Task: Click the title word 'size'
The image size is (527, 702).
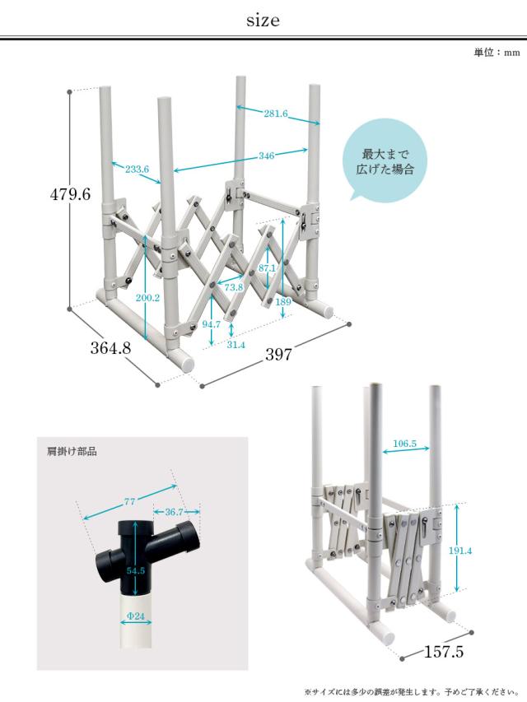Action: (x=263, y=21)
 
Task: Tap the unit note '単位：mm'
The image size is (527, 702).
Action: (x=497, y=53)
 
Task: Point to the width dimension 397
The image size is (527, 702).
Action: (x=279, y=355)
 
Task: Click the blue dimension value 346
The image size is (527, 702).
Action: (x=266, y=154)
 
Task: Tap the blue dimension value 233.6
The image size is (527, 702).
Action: (x=137, y=170)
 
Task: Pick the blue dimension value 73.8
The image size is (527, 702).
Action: (x=234, y=287)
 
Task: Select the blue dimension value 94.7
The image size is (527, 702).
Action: (x=212, y=324)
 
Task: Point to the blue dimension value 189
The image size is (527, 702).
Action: (x=282, y=301)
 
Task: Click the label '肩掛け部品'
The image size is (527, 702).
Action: (x=72, y=452)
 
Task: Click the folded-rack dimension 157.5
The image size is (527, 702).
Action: (x=445, y=653)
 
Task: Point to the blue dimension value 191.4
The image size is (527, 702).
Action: (x=460, y=551)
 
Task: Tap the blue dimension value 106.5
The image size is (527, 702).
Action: (x=404, y=444)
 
